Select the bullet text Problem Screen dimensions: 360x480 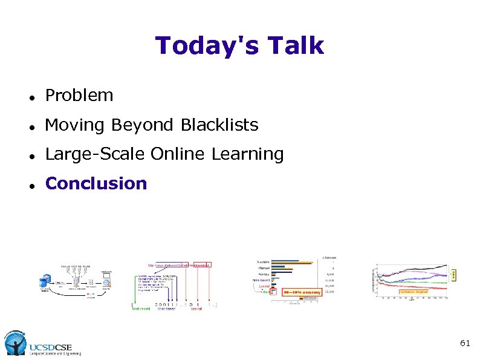coord(79,96)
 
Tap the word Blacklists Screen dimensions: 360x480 coord(219,125)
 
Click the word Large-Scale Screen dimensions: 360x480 coord(95,154)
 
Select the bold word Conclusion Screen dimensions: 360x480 coord(96,184)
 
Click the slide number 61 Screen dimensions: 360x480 coord(464,343)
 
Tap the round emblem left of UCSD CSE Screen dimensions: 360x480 coord(15,343)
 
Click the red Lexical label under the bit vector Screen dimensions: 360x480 coord(196,308)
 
